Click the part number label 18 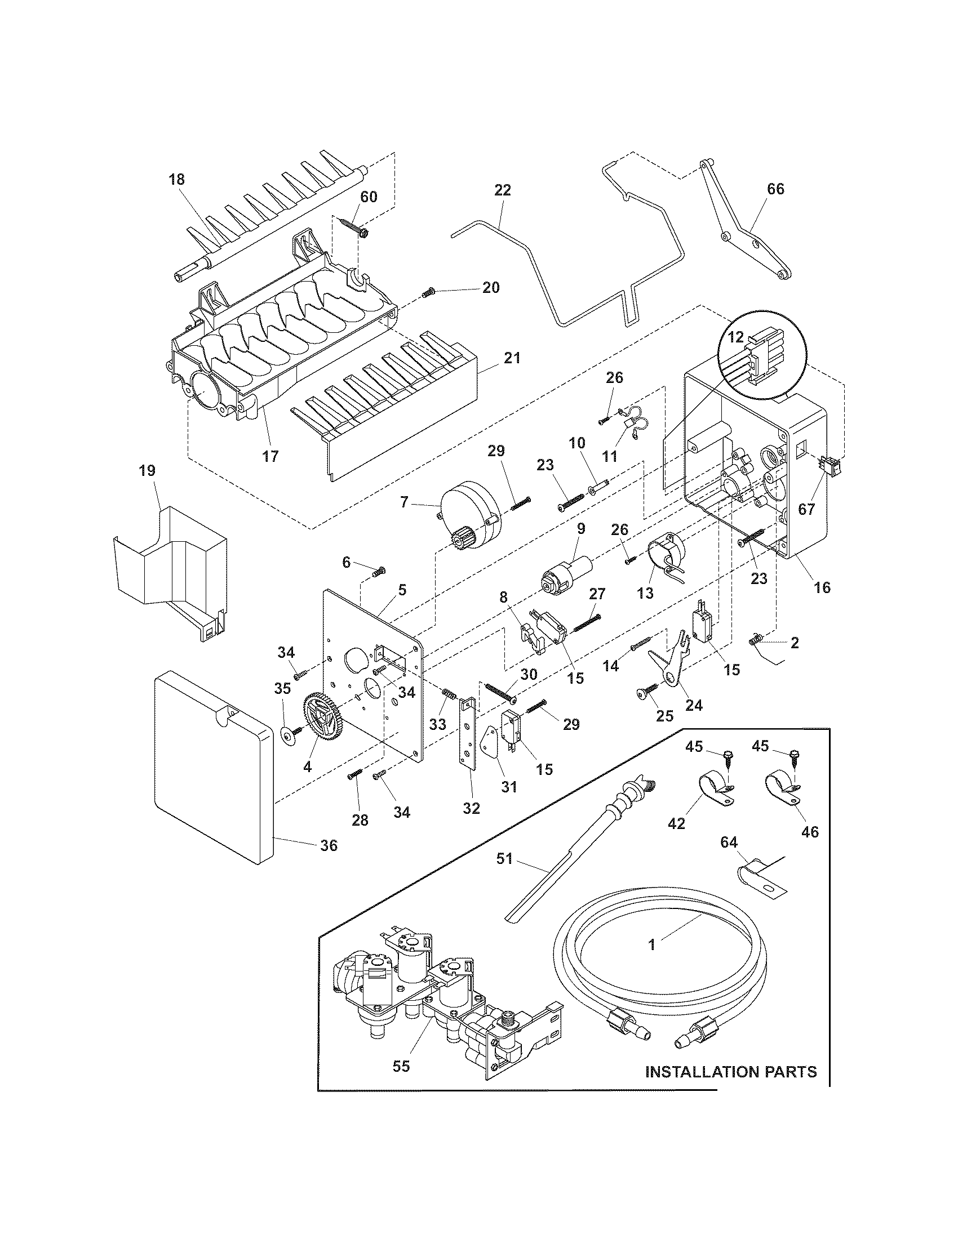pyautogui.click(x=176, y=180)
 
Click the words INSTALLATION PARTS pyautogui.click(x=731, y=1072)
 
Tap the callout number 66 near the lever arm pyautogui.click(x=775, y=189)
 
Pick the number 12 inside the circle pyautogui.click(x=735, y=337)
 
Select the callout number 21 pyautogui.click(x=512, y=358)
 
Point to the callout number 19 pyautogui.click(x=147, y=470)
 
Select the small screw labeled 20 pyautogui.click(x=429, y=293)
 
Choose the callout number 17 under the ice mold pyautogui.click(x=270, y=455)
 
